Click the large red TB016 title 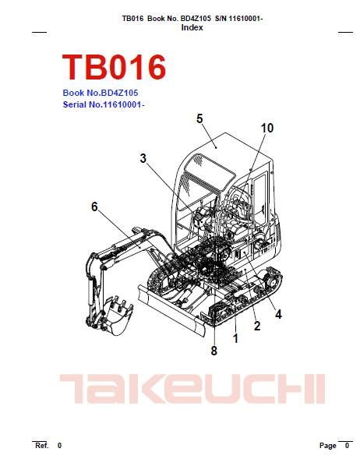coord(114,67)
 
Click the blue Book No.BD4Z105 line coord(101,93)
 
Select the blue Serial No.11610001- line coord(104,104)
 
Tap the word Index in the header coord(192,27)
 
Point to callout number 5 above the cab coord(199,118)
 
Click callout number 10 coord(267,128)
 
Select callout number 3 coord(143,158)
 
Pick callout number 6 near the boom coord(94,207)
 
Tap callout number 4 coord(278,314)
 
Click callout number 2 coord(257,326)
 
